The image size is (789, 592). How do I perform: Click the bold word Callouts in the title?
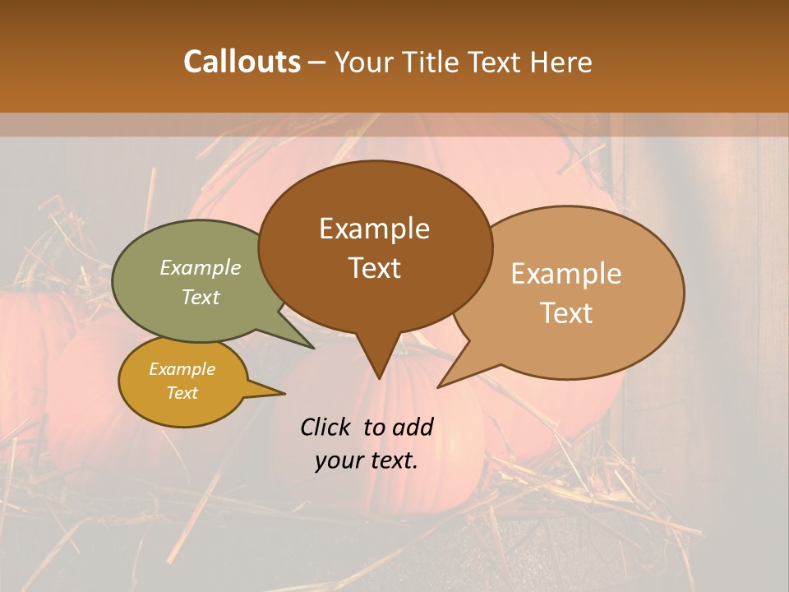(x=242, y=62)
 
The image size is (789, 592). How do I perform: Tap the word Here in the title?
(x=560, y=62)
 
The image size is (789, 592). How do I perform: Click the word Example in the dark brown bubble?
(x=374, y=229)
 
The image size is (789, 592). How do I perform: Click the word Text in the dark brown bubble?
(x=374, y=268)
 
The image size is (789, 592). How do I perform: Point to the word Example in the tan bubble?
(x=566, y=274)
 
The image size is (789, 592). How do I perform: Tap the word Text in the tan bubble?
(x=566, y=313)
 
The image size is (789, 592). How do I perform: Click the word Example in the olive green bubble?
(x=201, y=268)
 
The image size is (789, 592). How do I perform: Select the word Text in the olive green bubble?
(x=201, y=297)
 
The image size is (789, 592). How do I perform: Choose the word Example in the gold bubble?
(x=182, y=369)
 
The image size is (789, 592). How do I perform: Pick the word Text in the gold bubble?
(x=182, y=393)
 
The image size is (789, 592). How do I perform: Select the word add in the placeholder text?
(x=413, y=427)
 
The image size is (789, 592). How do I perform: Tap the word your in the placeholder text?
(x=337, y=460)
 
